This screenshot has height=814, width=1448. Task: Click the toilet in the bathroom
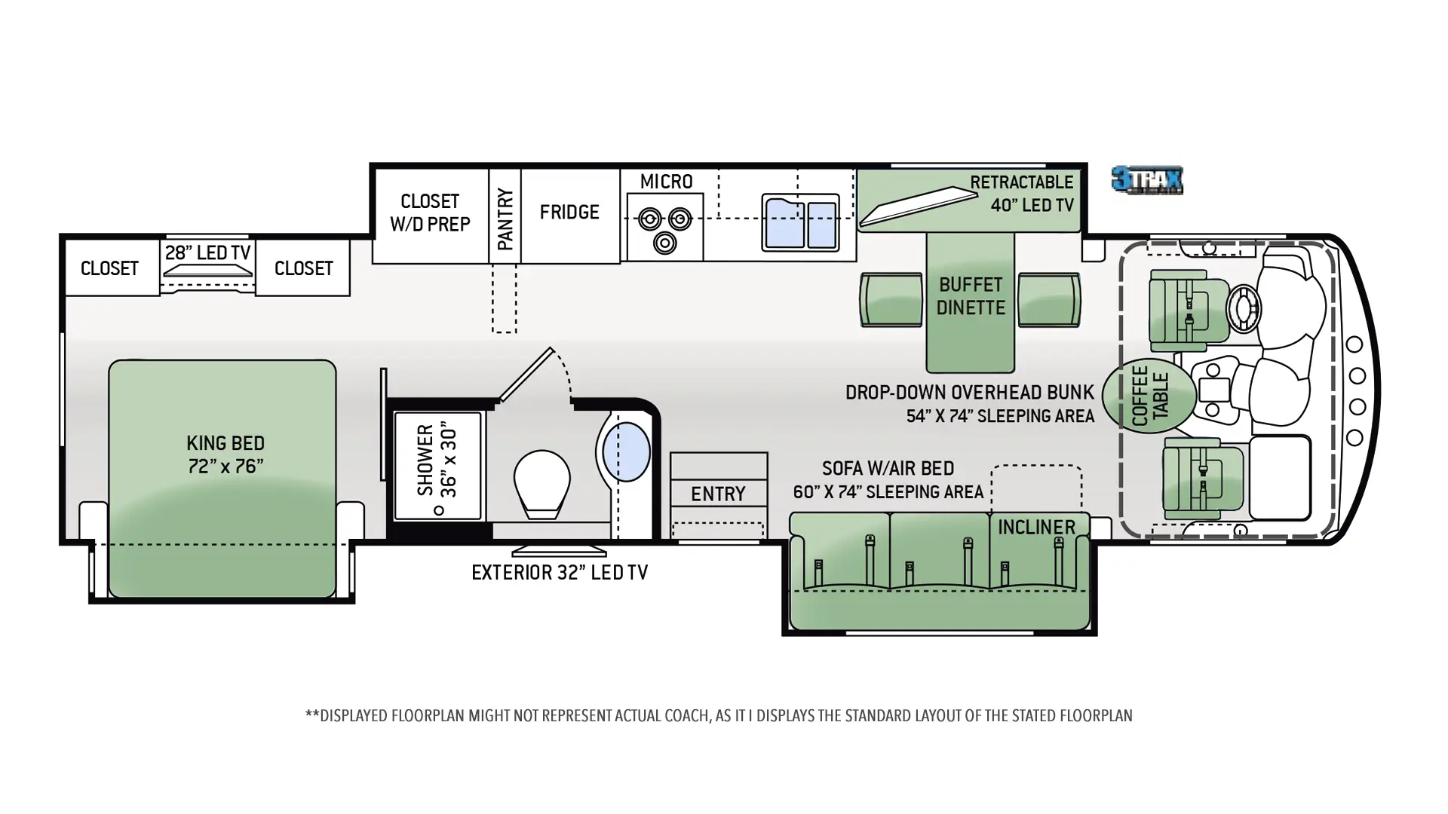(x=541, y=484)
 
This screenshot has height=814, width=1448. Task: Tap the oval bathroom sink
(x=626, y=451)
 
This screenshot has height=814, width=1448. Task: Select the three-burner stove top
(x=664, y=228)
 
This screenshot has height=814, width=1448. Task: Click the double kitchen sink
(x=800, y=222)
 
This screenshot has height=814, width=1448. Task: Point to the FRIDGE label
(x=569, y=213)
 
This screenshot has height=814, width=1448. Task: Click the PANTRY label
(x=505, y=219)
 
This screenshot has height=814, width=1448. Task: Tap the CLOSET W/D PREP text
(x=430, y=213)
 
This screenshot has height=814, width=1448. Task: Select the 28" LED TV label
(x=207, y=252)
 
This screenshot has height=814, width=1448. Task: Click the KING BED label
(x=225, y=454)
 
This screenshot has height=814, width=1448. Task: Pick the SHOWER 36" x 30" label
(x=437, y=460)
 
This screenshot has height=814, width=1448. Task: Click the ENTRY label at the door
(x=718, y=494)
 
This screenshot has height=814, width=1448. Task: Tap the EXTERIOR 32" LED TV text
(x=560, y=573)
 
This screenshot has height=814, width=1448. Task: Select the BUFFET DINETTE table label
(x=971, y=296)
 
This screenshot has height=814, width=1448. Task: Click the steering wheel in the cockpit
(x=1243, y=309)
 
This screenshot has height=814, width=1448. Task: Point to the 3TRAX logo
(x=1147, y=181)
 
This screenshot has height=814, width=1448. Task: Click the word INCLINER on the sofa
(x=1036, y=528)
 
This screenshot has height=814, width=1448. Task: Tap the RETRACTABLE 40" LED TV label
(x=1022, y=194)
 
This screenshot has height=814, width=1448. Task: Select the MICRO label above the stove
(x=666, y=182)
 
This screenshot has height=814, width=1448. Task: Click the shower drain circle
(x=439, y=510)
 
